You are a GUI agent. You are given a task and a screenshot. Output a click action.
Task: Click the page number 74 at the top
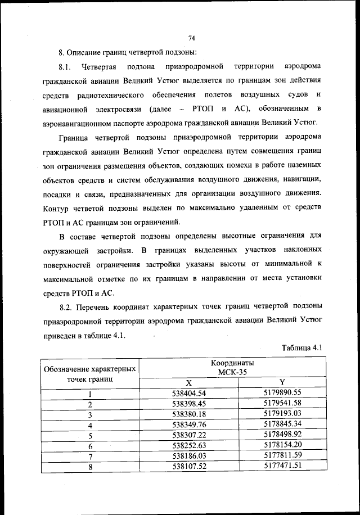[191, 38]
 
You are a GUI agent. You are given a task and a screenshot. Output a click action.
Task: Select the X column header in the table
[189, 382]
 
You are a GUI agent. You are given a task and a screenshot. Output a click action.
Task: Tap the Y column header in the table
[282, 382]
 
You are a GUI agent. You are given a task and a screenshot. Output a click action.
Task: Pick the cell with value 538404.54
[189, 393]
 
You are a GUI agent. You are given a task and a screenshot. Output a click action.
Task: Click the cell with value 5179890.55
[283, 392]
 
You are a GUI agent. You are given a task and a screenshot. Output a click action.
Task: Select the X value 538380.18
[189, 413]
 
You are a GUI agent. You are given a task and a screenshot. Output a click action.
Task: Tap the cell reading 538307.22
[189, 435]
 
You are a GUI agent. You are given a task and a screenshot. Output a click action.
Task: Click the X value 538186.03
[189, 455]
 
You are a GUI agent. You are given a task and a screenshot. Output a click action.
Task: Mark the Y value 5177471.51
[283, 465]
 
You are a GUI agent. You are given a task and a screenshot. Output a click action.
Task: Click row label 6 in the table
[89, 446]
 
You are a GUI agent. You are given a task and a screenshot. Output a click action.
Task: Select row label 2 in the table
[89, 404]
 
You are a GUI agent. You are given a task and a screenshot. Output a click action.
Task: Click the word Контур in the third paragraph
[55, 209]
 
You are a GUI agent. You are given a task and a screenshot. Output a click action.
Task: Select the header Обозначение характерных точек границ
[89, 373]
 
